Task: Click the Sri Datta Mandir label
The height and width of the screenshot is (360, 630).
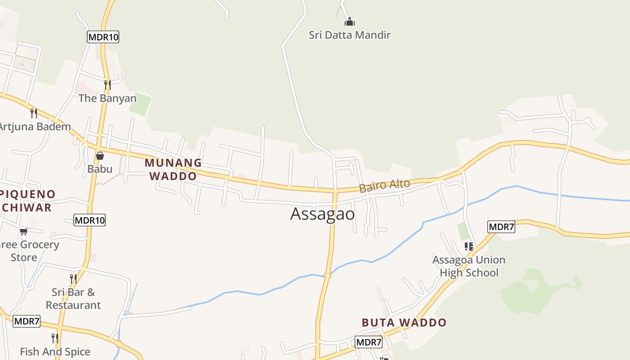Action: pos(350,35)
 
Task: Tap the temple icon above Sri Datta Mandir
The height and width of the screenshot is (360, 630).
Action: pos(350,21)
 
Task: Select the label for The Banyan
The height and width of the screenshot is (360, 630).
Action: pos(107,98)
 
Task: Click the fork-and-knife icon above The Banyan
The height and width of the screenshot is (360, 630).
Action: pos(107,85)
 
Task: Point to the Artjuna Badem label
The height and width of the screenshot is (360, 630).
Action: pos(35,126)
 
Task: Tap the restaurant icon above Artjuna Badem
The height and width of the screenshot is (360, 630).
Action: pos(33,113)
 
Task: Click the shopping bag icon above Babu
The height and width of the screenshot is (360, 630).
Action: pos(100,156)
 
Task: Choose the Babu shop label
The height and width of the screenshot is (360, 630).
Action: pos(100,169)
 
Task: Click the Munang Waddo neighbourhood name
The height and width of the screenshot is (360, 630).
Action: pos(173,169)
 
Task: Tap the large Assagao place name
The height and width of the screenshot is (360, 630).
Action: pos(323,214)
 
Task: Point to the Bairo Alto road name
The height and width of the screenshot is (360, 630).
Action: pos(384,185)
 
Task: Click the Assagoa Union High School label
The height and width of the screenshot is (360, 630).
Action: pos(469,266)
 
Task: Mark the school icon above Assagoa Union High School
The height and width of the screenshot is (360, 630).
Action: pos(469,247)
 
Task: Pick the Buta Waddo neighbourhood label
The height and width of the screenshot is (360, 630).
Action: pos(404,323)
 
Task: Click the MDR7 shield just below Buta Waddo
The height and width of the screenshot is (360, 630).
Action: pos(369,342)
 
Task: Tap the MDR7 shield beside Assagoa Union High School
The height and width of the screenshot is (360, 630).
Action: pos(501,227)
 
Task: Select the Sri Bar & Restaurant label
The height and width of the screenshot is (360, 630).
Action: pos(73,298)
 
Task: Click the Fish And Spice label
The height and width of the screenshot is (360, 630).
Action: pos(55,351)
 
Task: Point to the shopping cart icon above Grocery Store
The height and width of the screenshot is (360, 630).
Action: pos(23,231)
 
